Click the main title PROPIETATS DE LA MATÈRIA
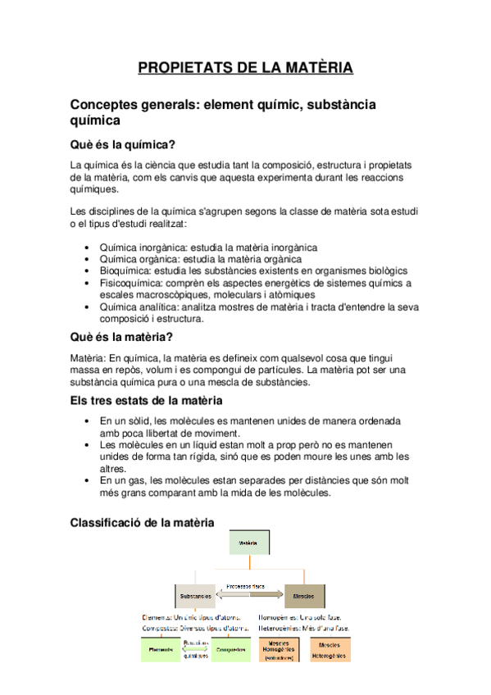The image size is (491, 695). (x=245, y=67)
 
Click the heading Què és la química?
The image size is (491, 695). (x=123, y=145)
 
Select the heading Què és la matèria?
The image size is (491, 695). (x=120, y=337)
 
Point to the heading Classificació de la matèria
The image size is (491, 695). (x=143, y=521)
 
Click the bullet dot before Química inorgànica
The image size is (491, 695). (x=89, y=247)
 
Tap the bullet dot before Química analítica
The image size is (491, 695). (x=89, y=307)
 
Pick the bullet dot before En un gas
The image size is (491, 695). (x=89, y=480)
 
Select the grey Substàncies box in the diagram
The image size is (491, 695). (x=195, y=595)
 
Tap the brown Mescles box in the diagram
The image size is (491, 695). (x=304, y=595)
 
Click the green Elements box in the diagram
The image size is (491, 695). (x=161, y=649)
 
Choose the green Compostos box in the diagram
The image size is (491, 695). (x=231, y=649)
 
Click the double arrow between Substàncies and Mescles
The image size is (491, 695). (x=249, y=594)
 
